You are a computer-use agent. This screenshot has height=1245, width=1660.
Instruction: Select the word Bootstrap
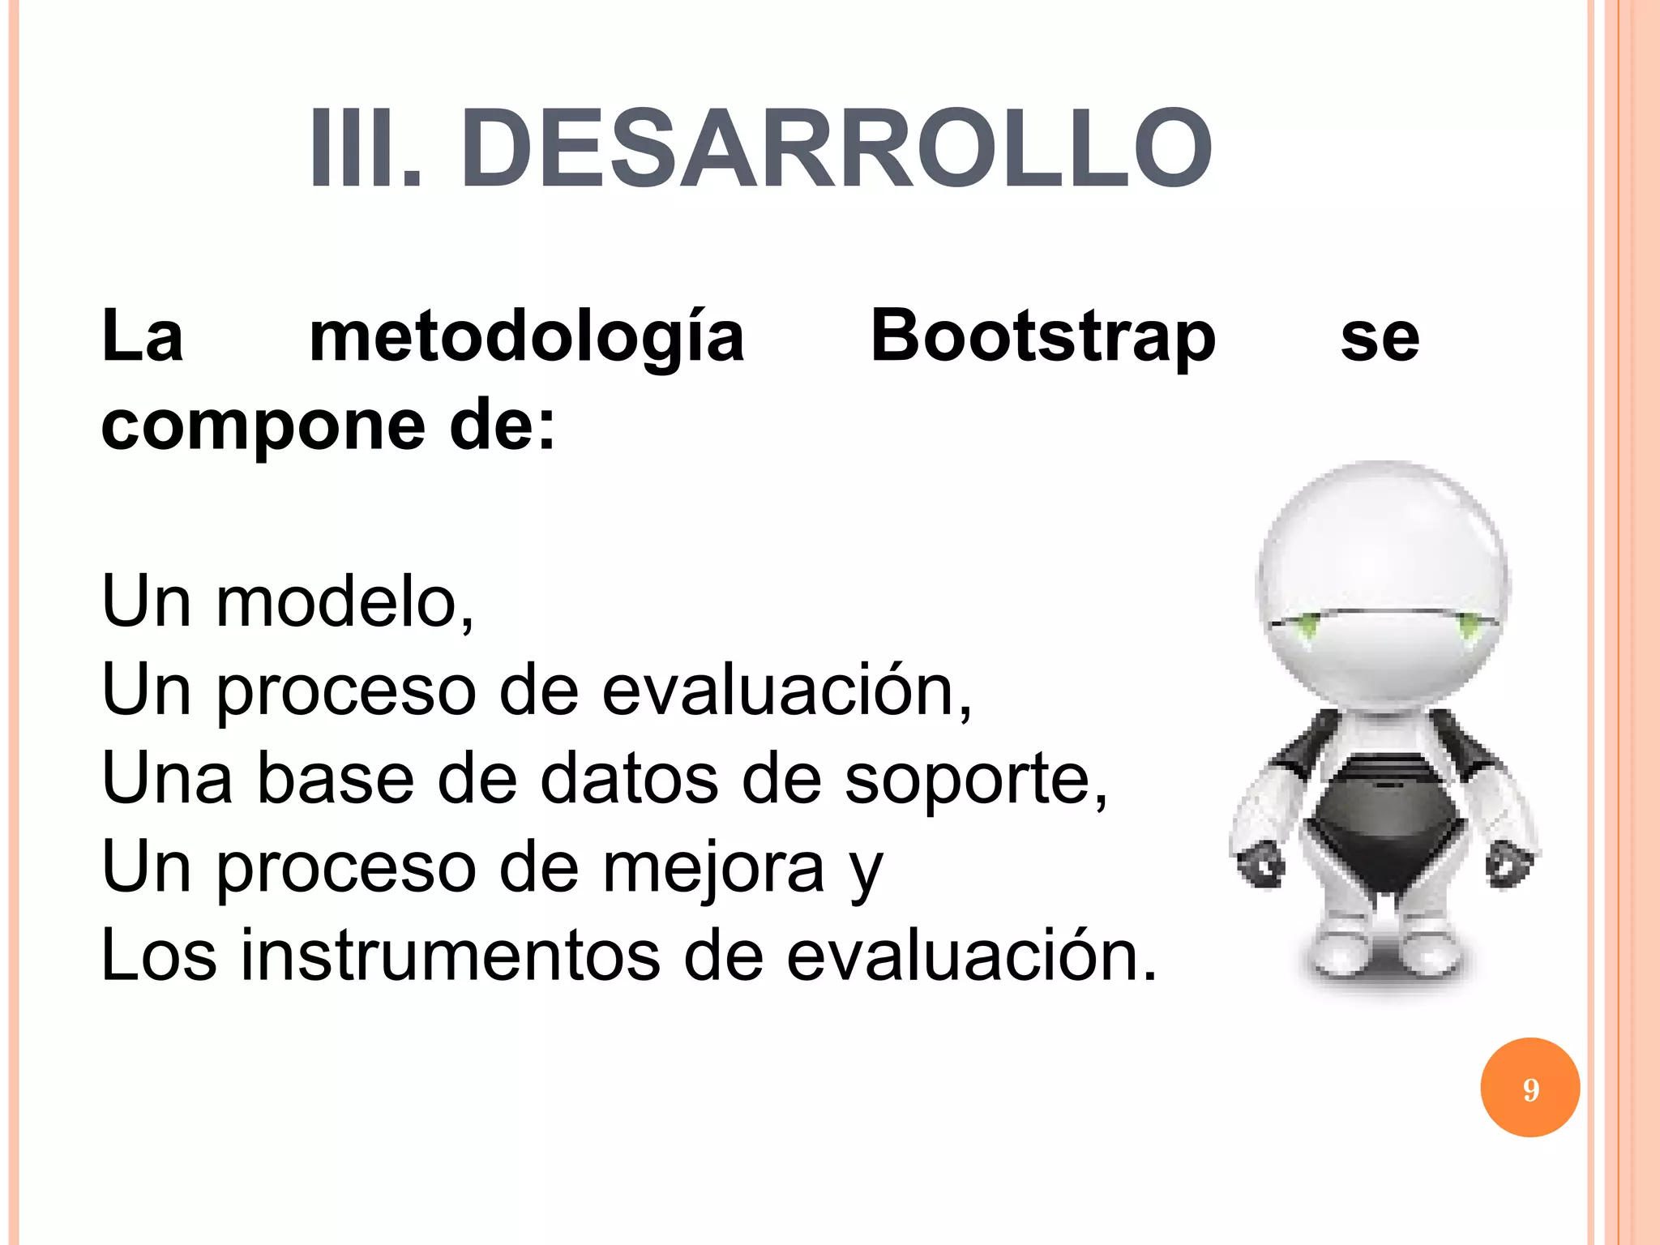pyautogui.click(x=1042, y=336)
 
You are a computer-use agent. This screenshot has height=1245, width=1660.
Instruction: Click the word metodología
pyautogui.click(x=527, y=336)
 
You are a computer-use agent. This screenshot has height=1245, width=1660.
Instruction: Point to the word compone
pyautogui.click(x=263, y=427)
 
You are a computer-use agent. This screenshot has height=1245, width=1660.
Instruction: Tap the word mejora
pyautogui.click(x=713, y=867)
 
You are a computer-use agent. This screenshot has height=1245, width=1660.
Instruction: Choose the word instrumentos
pyautogui.click(x=450, y=956)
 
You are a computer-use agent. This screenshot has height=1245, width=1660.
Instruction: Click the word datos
pyautogui.click(x=629, y=778)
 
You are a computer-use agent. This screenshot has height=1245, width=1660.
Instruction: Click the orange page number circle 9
pyautogui.click(x=1530, y=1088)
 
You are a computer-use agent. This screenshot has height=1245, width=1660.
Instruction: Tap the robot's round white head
pyautogui.click(x=1383, y=567)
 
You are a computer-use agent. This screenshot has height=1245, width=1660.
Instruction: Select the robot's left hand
pyautogui.click(x=1260, y=863)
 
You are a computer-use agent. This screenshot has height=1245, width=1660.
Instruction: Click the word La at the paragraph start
pyautogui.click(x=143, y=336)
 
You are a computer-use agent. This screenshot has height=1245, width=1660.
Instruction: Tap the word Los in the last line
pyautogui.click(x=159, y=956)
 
